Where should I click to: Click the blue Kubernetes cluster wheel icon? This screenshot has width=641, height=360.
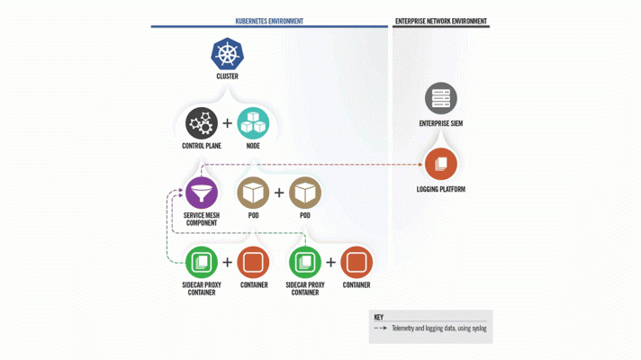(x=227, y=53)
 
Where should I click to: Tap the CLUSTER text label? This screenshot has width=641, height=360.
(x=227, y=76)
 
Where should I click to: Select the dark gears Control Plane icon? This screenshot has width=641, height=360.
(x=202, y=123)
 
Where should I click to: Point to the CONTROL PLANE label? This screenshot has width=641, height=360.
(x=202, y=146)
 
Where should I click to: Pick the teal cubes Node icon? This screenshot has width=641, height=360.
(x=253, y=123)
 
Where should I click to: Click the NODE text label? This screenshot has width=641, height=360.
(x=253, y=146)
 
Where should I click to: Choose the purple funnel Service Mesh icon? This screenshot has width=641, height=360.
(x=202, y=193)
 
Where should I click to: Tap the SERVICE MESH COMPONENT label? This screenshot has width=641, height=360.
(x=202, y=219)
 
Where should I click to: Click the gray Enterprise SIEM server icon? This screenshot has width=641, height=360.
(x=441, y=98)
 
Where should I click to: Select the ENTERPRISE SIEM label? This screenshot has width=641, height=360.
(x=441, y=123)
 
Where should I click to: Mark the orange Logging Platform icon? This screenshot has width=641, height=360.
(x=441, y=164)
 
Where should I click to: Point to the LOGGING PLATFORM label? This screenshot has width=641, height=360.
(x=441, y=189)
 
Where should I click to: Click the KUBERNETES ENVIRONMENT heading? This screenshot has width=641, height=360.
(x=269, y=22)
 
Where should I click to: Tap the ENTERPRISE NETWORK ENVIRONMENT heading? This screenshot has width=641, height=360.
(x=441, y=22)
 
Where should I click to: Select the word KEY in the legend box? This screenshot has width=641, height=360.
(x=378, y=317)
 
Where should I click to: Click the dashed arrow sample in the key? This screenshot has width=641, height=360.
(x=381, y=328)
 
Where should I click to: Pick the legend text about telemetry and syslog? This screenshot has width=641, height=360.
(x=439, y=328)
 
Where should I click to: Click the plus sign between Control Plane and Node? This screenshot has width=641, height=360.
(x=227, y=123)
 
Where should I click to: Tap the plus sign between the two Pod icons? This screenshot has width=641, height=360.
(x=279, y=193)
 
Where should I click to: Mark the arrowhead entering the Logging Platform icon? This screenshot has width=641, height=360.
(x=420, y=165)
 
